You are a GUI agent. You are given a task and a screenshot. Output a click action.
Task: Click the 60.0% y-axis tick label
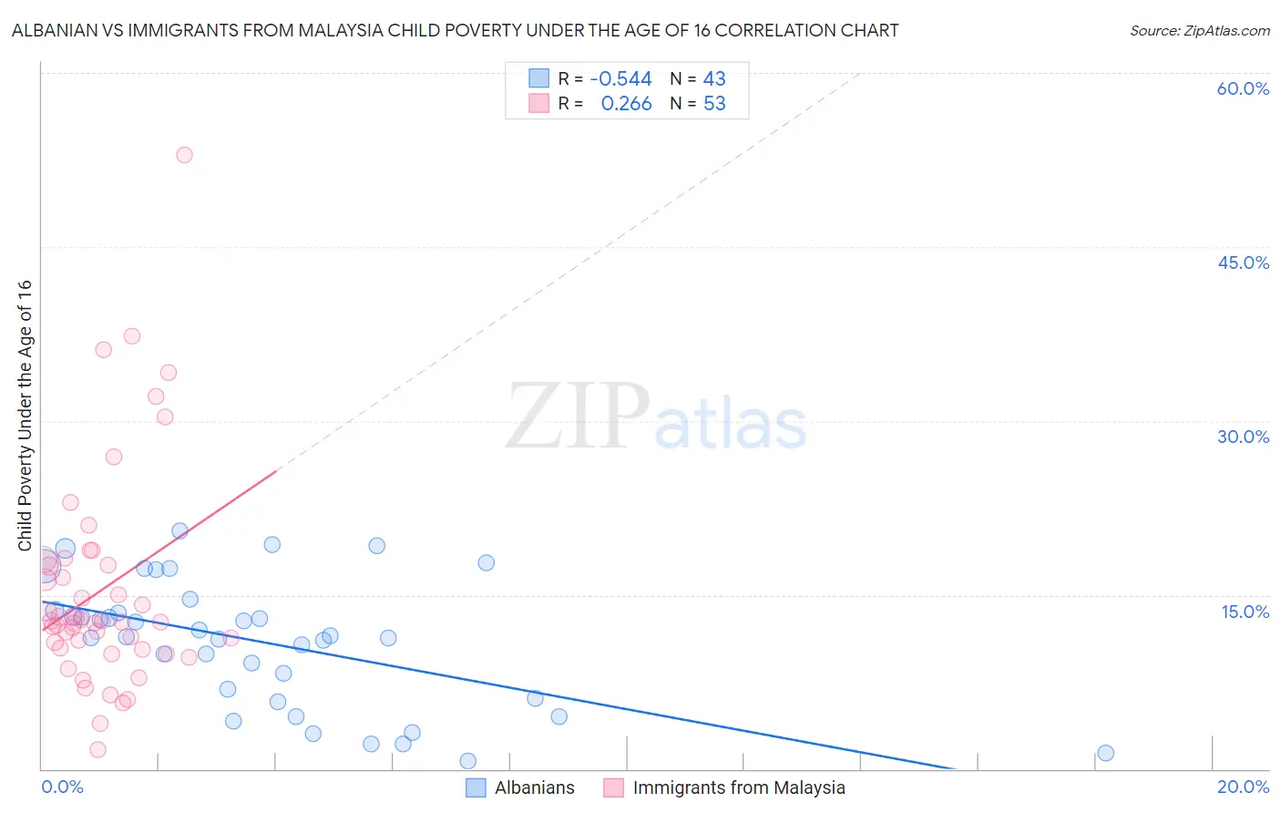(x=1243, y=88)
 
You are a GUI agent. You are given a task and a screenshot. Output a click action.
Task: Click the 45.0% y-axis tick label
(x=1243, y=262)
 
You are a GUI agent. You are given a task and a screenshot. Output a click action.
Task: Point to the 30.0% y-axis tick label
(x=1243, y=437)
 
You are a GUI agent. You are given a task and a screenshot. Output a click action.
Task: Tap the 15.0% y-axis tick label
(x=1245, y=612)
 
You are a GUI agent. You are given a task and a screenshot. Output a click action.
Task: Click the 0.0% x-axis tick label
(x=62, y=787)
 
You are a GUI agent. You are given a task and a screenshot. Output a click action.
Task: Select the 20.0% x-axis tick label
(x=1243, y=787)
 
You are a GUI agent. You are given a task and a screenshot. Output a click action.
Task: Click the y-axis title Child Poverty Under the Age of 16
(x=25, y=415)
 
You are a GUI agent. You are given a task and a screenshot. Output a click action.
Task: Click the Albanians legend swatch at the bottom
(x=476, y=787)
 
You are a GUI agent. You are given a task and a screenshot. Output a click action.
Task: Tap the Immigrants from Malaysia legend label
(x=739, y=787)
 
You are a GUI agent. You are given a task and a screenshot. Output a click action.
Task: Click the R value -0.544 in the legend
(x=620, y=78)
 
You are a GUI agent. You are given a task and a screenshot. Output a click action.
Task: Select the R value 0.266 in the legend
(x=626, y=103)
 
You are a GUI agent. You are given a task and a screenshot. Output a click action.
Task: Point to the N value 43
(x=714, y=78)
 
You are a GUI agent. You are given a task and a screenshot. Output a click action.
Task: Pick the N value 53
(x=714, y=103)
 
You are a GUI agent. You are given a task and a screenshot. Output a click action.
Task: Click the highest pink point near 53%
(x=184, y=155)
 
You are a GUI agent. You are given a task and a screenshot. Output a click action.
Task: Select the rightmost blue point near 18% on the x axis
(x=1105, y=753)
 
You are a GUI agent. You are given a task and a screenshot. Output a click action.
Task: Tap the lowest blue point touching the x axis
(x=467, y=761)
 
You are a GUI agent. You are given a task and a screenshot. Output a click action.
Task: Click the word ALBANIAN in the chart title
(x=51, y=30)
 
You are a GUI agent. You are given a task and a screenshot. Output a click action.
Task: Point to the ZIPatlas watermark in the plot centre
(x=656, y=417)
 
